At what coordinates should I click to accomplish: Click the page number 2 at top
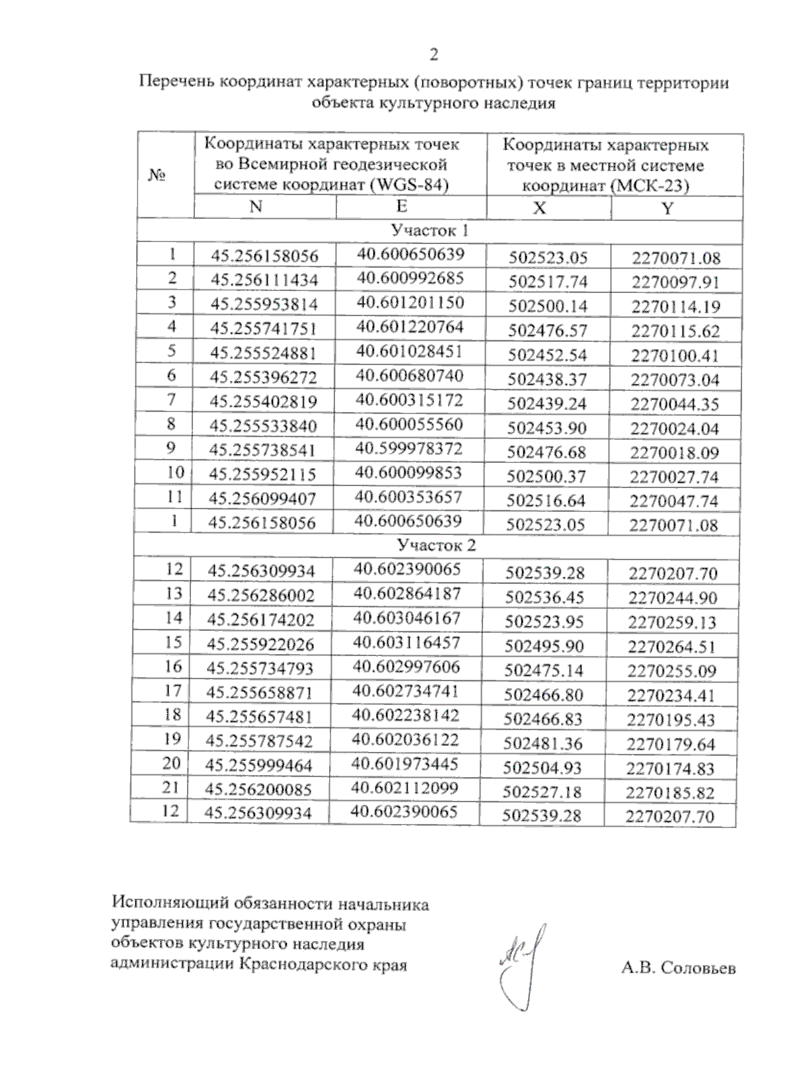click(434, 55)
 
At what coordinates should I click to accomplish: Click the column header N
click(256, 206)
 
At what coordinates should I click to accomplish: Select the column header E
click(402, 206)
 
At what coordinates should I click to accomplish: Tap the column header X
click(539, 208)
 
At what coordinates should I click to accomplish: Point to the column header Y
click(667, 209)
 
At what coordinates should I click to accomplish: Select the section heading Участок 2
click(436, 546)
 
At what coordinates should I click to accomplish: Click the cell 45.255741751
click(264, 329)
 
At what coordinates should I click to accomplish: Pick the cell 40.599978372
click(409, 448)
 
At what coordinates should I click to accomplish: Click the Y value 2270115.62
click(675, 331)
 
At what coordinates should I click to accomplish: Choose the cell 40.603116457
click(406, 642)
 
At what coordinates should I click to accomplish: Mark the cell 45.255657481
click(259, 717)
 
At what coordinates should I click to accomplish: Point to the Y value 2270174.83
click(671, 768)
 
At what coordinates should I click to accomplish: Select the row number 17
click(172, 691)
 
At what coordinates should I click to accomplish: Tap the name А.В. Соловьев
click(678, 969)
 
